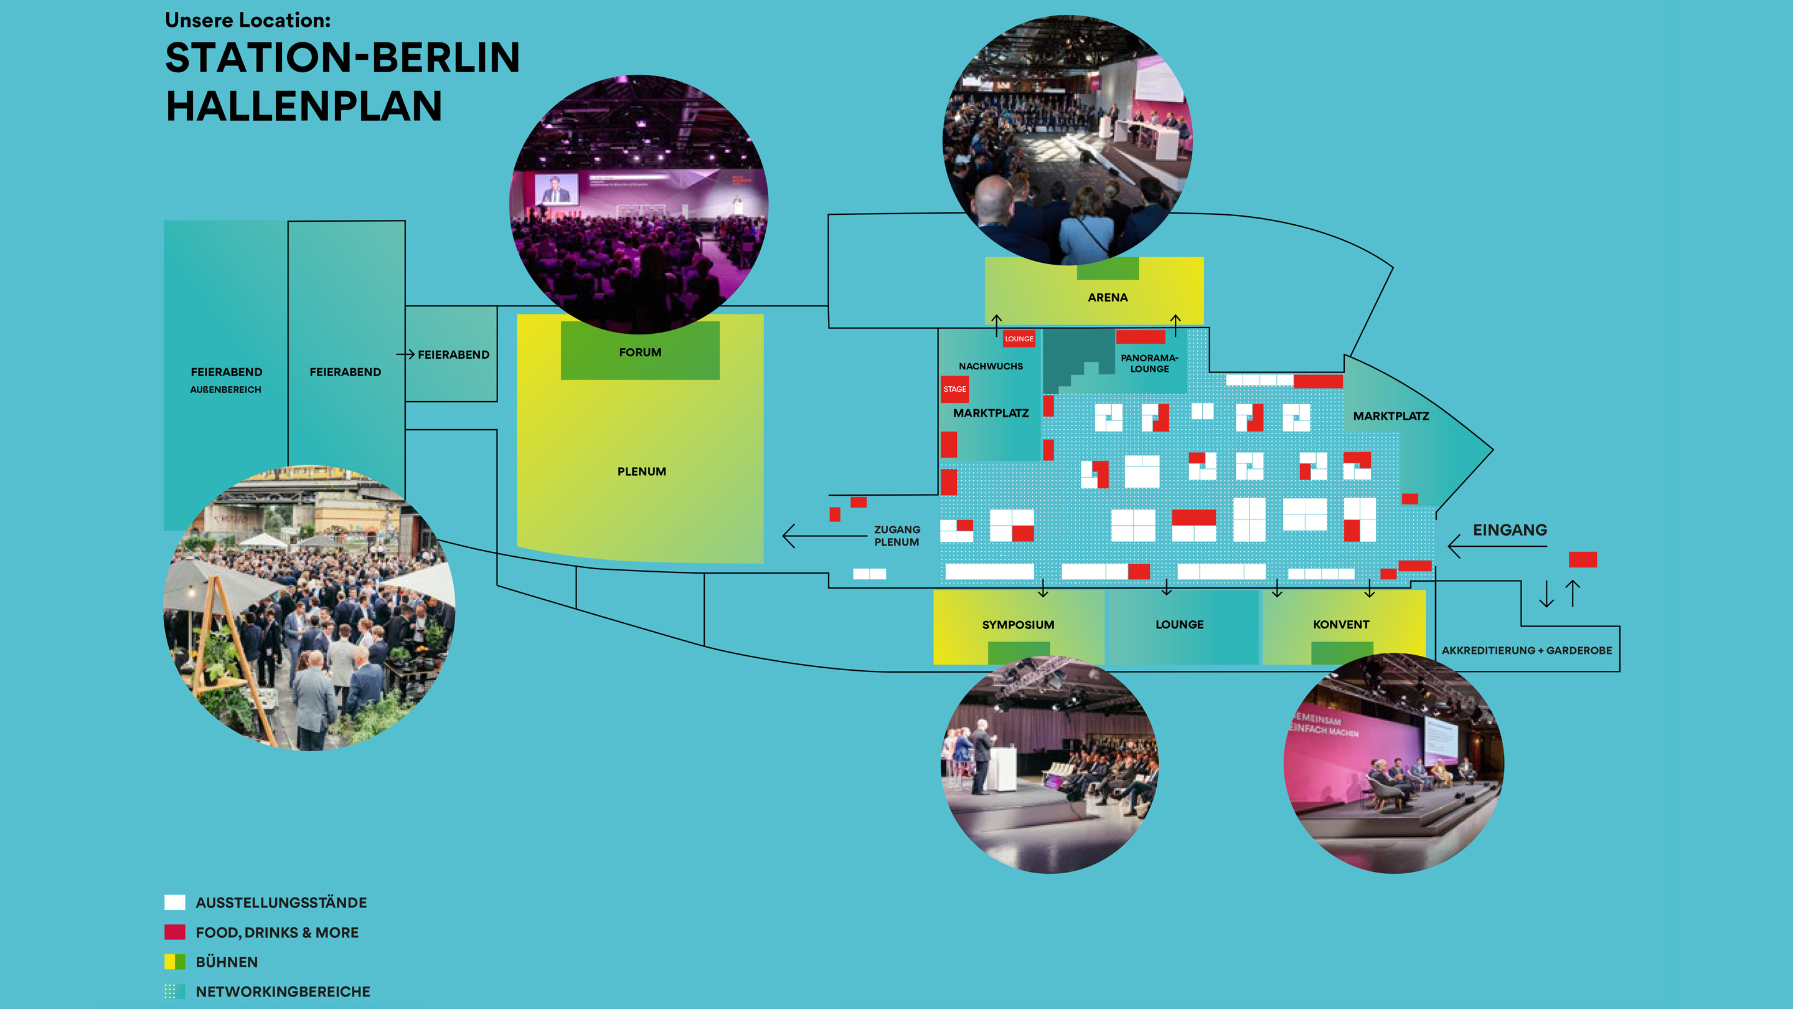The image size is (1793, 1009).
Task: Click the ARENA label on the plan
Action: [1108, 297]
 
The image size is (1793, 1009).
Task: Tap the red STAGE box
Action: [954, 389]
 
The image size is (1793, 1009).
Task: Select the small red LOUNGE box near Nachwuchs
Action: [1019, 339]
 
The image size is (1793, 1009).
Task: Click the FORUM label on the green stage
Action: [639, 353]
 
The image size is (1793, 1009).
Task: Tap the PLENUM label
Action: [641, 471]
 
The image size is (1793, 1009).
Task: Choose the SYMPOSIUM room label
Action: [1018, 625]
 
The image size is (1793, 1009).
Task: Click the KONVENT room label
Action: [1340, 625]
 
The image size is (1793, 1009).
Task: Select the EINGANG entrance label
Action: [1509, 530]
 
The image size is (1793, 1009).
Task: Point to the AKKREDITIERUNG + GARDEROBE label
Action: [1527, 650]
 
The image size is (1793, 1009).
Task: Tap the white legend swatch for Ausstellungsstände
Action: [175, 902]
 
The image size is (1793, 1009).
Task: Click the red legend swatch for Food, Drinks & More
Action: [175, 932]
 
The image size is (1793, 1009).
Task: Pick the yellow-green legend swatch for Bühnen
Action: [175, 962]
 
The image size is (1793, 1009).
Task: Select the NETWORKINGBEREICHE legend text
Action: [283, 992]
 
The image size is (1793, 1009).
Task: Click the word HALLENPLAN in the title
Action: [303, 107]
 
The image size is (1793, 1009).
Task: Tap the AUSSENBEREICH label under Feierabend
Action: [225, 390]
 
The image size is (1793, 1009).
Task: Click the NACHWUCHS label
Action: [991, 366]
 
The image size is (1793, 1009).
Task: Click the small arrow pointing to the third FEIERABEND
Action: [406, 354]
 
